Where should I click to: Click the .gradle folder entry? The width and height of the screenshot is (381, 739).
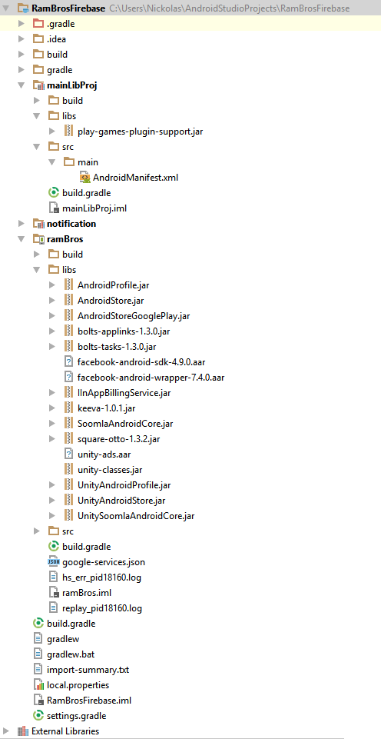coord(61,24)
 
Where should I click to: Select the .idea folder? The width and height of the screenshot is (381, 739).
coord(56,39)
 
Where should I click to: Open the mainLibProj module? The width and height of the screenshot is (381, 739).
coord(72,85)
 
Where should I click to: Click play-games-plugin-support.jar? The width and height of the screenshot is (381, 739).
coord(141,131)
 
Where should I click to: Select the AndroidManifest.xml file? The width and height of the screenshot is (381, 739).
coord(136,178)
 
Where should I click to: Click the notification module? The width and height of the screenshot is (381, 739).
coord(71,224)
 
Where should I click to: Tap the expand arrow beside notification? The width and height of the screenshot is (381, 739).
coord(22,224)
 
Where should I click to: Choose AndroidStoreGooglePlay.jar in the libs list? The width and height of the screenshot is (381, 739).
coord(134,316)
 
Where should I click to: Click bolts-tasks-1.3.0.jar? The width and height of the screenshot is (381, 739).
coord(117,347)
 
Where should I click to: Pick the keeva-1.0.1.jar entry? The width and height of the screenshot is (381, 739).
coord(107,408)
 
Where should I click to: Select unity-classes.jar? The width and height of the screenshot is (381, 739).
coord(110,469)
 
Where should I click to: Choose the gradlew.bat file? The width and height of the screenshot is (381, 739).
coord(71,654)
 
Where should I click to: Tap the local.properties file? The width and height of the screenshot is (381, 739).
coord(78,685)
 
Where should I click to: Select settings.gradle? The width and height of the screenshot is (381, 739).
coord(76,716)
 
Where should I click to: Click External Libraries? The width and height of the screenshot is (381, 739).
coord(65,731)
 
